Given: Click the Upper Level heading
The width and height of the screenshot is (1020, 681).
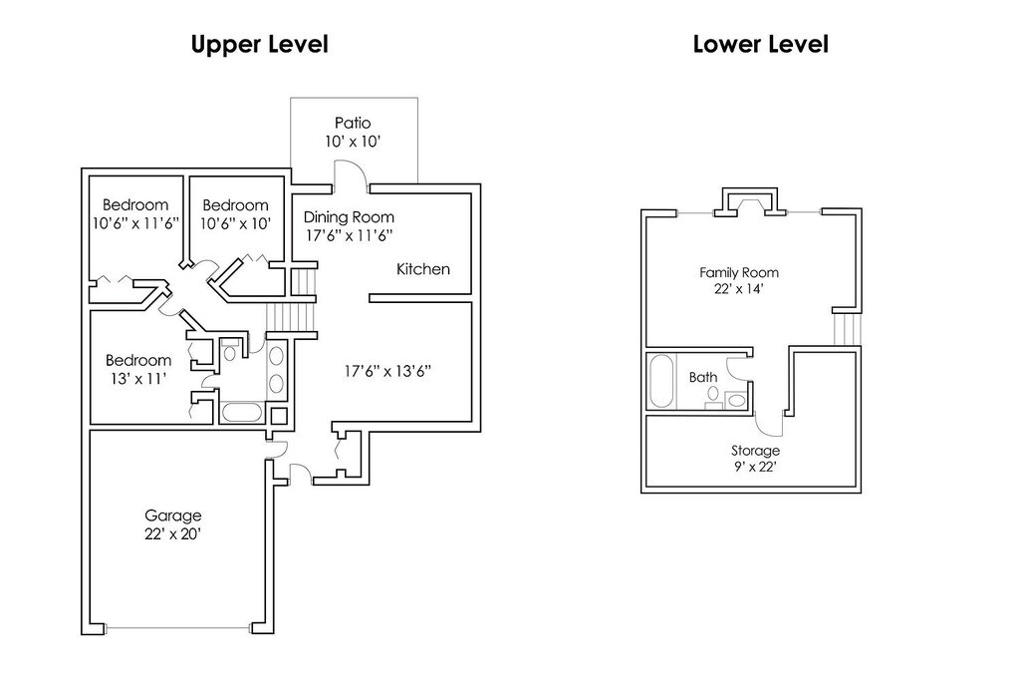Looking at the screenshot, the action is (260, 45).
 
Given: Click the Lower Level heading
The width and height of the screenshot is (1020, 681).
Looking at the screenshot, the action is (760, 44).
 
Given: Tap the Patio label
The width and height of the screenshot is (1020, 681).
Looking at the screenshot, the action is (353, 123).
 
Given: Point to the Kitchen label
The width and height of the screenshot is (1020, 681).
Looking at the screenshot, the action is (422, 269).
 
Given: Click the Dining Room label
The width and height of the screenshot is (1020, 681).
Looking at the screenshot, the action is (349, 216).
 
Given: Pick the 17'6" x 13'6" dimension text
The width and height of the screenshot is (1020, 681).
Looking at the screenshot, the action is (387, 371).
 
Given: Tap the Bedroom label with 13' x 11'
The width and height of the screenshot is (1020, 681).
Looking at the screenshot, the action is (138, 360).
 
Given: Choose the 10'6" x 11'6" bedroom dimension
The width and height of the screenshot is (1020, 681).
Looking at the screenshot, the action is (135, 223).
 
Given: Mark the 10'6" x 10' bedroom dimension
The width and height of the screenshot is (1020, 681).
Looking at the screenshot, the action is (235, 223).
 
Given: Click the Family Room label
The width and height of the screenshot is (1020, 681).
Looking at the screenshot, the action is (739, 273).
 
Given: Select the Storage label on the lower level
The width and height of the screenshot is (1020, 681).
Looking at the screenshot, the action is (755, 450).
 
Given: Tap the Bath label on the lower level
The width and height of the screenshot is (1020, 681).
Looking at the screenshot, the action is (703, 377).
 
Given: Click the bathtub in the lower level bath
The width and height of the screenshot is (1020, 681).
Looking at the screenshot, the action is (662, 381).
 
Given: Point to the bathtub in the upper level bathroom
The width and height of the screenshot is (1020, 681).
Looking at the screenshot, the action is (241, 412).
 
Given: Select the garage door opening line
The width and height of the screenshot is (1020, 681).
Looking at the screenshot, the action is (177, 628).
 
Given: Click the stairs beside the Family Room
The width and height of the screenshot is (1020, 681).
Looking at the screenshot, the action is (848, 329).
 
